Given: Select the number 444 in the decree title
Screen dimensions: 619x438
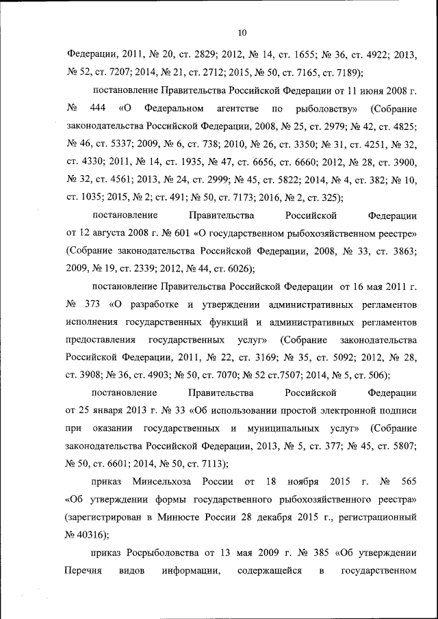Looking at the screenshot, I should click(x=98, y=109).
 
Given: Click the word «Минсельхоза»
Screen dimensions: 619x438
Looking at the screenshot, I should click(x=157, y=482).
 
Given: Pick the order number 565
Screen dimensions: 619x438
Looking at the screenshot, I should click(x=408, y=482).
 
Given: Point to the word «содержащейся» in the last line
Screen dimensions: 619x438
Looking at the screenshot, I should click(x=269, y=571).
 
